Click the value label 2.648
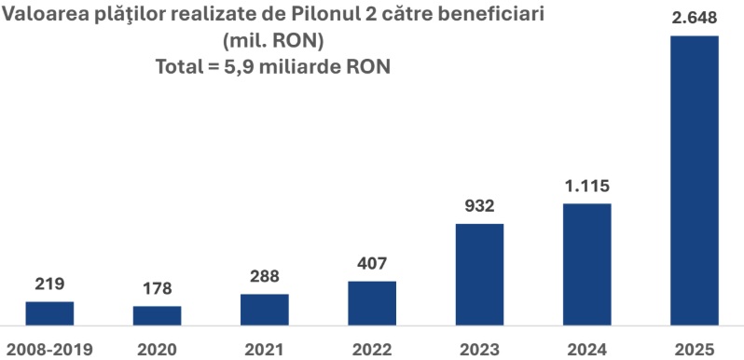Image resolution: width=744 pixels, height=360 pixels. (x=694, y=19)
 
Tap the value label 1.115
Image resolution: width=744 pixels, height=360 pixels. (x=586, y=187)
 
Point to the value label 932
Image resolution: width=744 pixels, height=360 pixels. (x=479, y=206)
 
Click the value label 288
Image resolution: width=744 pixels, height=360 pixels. (x=264, y=277)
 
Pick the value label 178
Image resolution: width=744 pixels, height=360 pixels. (x=157, y=289)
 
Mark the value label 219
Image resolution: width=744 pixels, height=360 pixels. (x=49, y=284)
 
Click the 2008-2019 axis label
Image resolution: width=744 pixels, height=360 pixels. (x=49, y=349)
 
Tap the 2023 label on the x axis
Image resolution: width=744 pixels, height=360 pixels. (x=479, y=349)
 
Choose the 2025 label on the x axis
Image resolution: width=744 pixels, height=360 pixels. (x=694, y=349)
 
